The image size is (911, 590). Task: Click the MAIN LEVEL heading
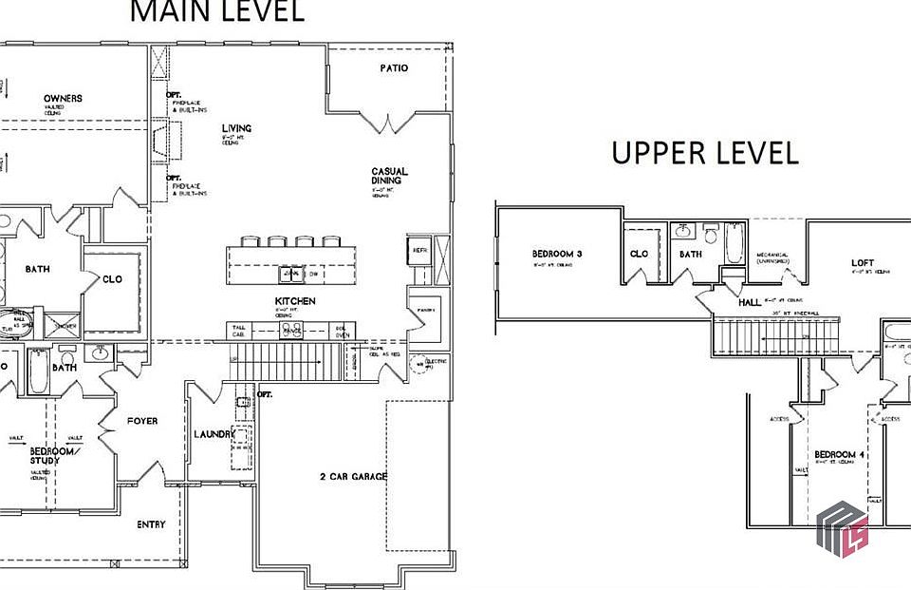coord(216,11)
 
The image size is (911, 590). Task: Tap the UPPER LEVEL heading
coord(704,153)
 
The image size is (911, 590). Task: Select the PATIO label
coord(394,68)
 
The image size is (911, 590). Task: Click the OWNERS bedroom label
coord(63,99)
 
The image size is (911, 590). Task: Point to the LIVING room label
coord(236,128)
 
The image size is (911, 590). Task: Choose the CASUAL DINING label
coord(386,176)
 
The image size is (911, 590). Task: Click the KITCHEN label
coord(296,301)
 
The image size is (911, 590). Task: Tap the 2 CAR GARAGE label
coord(353,476)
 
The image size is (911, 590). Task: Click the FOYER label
coord(142,421)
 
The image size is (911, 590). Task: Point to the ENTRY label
coord(151,524)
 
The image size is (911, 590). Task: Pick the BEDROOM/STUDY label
coord(45,455)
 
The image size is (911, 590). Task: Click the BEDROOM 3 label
coord(556,255)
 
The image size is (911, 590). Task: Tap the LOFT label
coord(863,263)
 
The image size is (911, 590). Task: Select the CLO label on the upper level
coord(639,255)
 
